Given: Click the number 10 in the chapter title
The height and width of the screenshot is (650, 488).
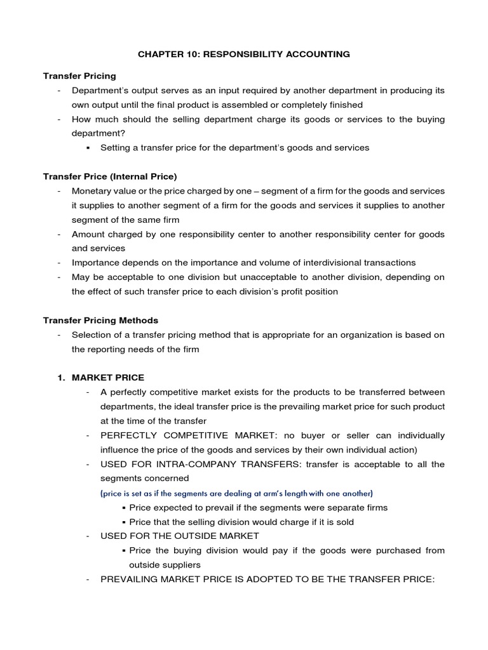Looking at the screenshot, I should [187, 55].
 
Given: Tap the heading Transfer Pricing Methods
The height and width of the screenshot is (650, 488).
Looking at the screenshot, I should [100, 320].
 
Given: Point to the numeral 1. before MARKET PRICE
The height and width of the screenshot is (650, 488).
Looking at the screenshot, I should [62, 378].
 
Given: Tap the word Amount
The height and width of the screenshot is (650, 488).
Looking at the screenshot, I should [90, 234].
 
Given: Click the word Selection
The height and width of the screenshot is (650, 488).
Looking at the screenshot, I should [91, 335].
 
